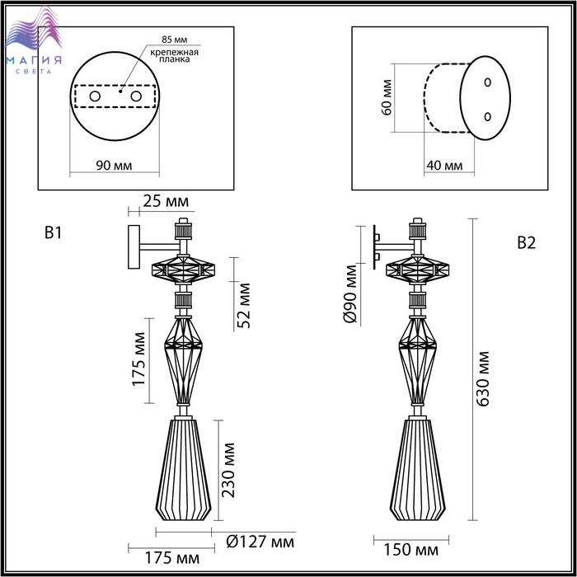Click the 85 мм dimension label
175,40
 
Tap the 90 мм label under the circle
114,166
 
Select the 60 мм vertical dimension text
387,97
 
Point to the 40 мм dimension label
444,166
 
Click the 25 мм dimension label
166,202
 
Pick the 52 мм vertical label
244,306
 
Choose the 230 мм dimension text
228,471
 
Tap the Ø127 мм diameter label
260,542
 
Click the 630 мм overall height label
482,379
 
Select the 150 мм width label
411,550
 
